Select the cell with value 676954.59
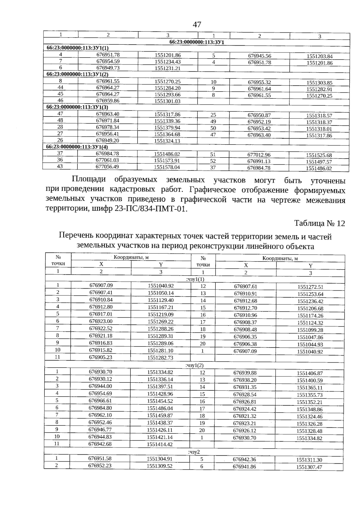[108, 61]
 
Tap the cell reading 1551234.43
[168, 62]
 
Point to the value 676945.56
[259, 56]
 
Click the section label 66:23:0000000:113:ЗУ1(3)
[77, 107]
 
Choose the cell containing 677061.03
[107, 160]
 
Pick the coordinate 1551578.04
[167, 167]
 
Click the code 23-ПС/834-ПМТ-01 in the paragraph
[151, 209]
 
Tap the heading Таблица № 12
[319, 223]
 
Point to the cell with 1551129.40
[161, 300]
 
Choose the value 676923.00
[101, 321]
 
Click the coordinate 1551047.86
[310, 337]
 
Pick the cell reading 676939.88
[245, 373]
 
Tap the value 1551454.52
[160, 401]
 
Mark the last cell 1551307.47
[309, 467]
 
